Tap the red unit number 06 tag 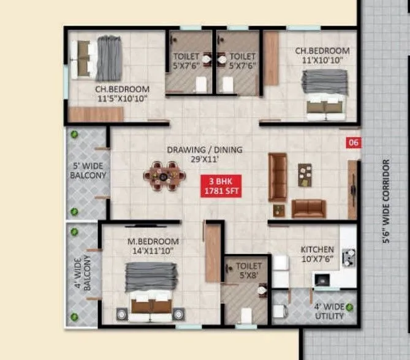(x=353, y=143)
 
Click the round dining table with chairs (x=164, y=176)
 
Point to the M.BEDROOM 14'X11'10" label (x=153, y=246)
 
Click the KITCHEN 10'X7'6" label (x=317, y=253)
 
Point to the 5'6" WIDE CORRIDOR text (x=385, y=202)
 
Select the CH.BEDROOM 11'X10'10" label (x=322, y=56)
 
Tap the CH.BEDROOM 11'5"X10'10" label (x=121, y=93)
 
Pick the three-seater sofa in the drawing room (x=278, y=177)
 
